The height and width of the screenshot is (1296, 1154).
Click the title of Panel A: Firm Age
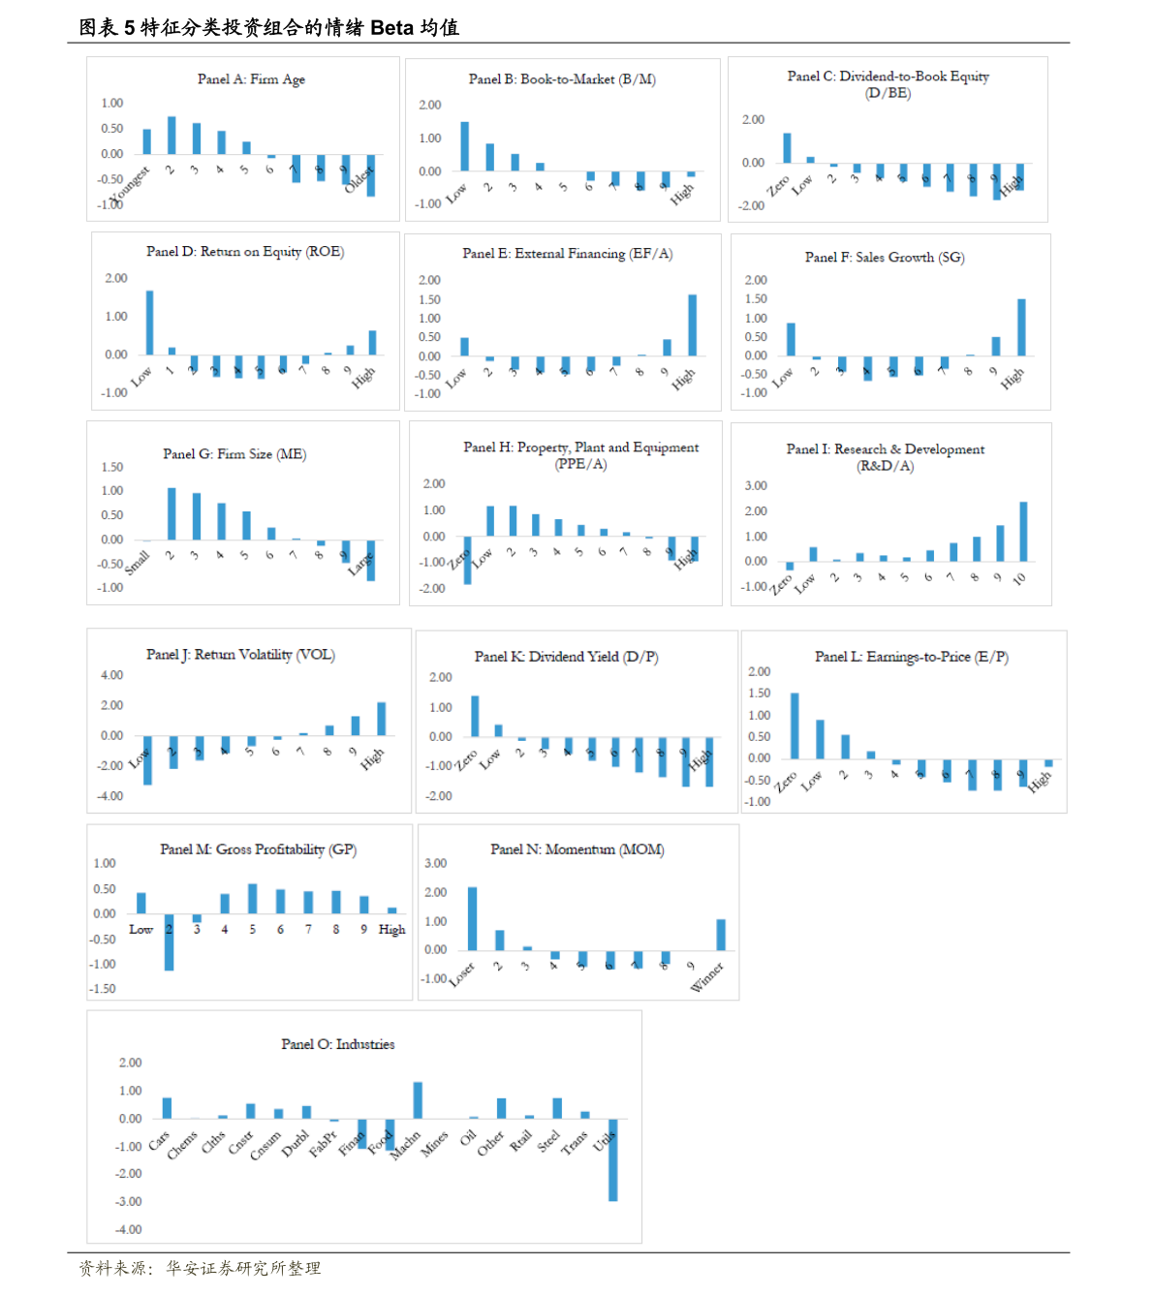coord(251,79)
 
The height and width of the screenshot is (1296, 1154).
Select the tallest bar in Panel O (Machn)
coord(418,1100)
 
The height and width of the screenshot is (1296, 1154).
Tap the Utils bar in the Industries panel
coord(613,1159)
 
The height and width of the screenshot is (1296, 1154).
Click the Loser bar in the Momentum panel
coord(472,918)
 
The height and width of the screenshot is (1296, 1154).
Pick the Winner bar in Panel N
coord(721,935)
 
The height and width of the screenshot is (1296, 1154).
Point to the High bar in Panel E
coord(692,325)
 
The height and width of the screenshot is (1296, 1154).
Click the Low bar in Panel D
coord(149,323)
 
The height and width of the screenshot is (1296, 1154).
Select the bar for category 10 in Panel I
coord(1023,532)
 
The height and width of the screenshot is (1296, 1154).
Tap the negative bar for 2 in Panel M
coord(169,941)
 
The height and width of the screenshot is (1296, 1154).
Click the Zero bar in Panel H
coord(467,560)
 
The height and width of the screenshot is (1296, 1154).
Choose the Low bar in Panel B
coord(464,146)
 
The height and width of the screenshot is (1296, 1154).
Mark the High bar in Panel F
coord(1021,327)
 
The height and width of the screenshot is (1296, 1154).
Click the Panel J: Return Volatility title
coord(240,655)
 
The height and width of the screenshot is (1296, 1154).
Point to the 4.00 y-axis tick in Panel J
coord(111,675)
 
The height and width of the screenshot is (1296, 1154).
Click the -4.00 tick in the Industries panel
coord(129,1229)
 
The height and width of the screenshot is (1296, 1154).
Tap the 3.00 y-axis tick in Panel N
coord(435,863)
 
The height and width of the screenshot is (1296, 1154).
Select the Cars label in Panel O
coord(158,1140)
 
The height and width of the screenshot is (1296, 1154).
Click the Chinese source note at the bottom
coord(200,1268)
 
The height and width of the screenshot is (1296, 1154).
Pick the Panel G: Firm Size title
coord(234,454)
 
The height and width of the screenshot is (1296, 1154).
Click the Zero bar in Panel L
coord(795,725)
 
